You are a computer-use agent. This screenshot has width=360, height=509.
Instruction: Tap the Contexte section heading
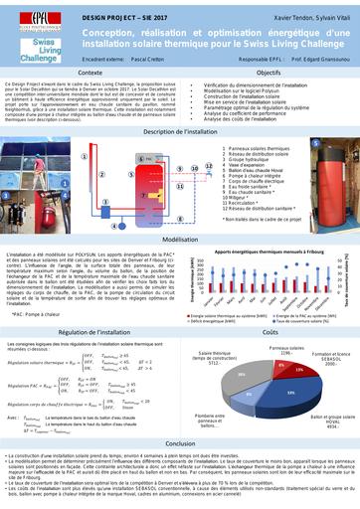pyautogui.click(x=89, y=75)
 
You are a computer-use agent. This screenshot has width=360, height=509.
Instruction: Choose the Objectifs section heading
pyautogui.click(x=268, y=75)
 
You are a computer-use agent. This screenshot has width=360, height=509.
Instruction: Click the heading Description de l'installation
pyautogui.click(x=180, y=131)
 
